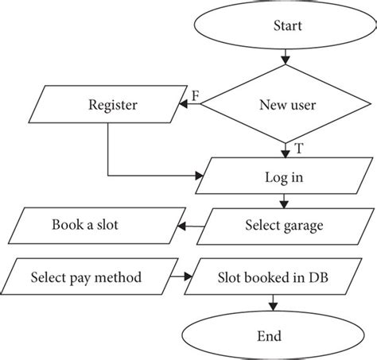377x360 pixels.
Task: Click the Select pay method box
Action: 86,278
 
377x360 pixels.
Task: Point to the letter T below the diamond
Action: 297,148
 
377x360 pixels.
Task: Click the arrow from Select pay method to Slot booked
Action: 180,278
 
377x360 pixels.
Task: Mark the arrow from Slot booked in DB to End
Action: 274,303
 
